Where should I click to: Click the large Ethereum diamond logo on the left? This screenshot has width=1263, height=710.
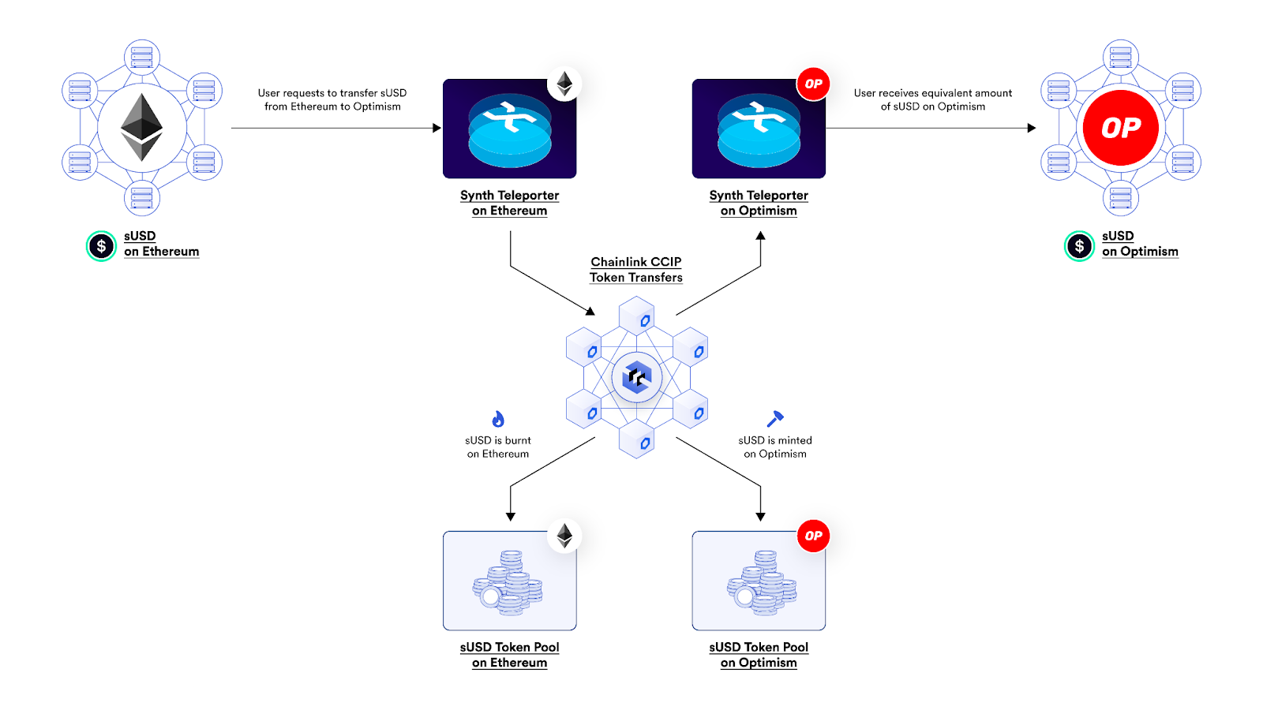[141, 128]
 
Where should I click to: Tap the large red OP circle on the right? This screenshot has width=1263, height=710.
[1120, 128]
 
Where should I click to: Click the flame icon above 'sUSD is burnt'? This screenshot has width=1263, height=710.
[498, 419]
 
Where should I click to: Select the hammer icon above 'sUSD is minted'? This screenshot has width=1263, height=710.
[775, 418]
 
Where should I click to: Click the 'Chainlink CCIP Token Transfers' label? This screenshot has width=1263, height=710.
[636, 270]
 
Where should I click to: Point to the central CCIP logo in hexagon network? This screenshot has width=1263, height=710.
[636, 378]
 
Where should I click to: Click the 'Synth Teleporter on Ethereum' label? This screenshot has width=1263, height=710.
[509, 203]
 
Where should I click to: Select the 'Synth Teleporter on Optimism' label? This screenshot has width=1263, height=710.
[759, 203]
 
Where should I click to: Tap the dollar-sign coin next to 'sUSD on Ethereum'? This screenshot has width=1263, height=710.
[101, 246]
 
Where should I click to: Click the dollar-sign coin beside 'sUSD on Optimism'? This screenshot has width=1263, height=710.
[1079, 246]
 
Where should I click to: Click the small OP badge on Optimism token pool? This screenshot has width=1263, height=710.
[813, 536]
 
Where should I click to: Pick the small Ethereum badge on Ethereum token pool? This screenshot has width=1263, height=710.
[564, 536]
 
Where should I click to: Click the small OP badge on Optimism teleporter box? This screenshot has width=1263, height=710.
[813, 84]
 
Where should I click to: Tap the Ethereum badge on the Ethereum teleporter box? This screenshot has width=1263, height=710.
[564, 84]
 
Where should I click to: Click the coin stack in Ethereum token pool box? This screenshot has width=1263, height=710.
[508, 585]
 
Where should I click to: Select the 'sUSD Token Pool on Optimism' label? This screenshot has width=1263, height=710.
[759, 655]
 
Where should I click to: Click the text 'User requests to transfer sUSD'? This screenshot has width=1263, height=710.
[332, 93]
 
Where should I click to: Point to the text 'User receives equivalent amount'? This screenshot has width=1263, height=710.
[932, 93]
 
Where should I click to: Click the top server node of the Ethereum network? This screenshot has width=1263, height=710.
[142, 58]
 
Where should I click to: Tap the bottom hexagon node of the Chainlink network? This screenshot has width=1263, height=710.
[636, 440]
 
